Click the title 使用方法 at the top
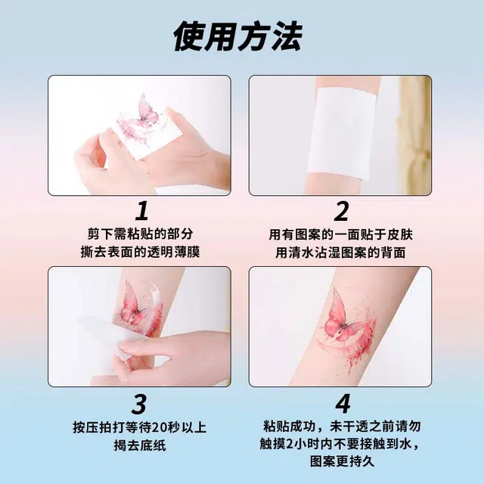[x=237, y=37]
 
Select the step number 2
[x=341, y=211]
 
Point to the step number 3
[x=139, y=404]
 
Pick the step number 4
[x=343, y=404]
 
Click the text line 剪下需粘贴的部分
[x=141, y=234]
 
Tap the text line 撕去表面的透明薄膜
[x=140, y=252]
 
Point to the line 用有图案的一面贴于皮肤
[x=341, y=234]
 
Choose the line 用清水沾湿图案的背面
[x=340, y=253]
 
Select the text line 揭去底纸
[x=140, y=445]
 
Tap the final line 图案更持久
[x=343, y=462]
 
